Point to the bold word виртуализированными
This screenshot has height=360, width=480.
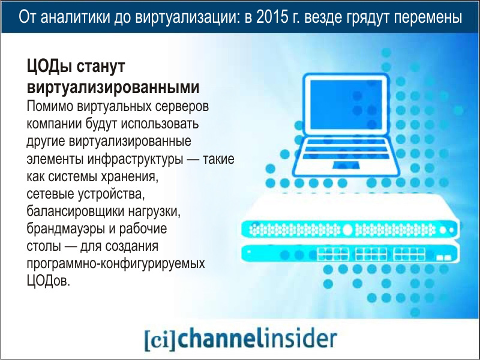pyautogui.click(x=113, y=87)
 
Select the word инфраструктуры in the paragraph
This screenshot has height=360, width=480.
pyautogui.click(x=135, y=160)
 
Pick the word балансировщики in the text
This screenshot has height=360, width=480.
pyautogui.click(x=75, y=212)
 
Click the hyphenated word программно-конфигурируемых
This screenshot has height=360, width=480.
pyautogui.click(x=116, y=264)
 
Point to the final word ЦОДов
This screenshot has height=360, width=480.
pyautogui.click(x=49, y=281)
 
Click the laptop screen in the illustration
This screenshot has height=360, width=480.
pyautogui.click(x=346, y=104)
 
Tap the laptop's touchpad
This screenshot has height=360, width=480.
pyautogui.click(x=346, y=165)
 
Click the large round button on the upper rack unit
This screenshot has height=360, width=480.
pyautogui.click(x=347, y=230)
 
